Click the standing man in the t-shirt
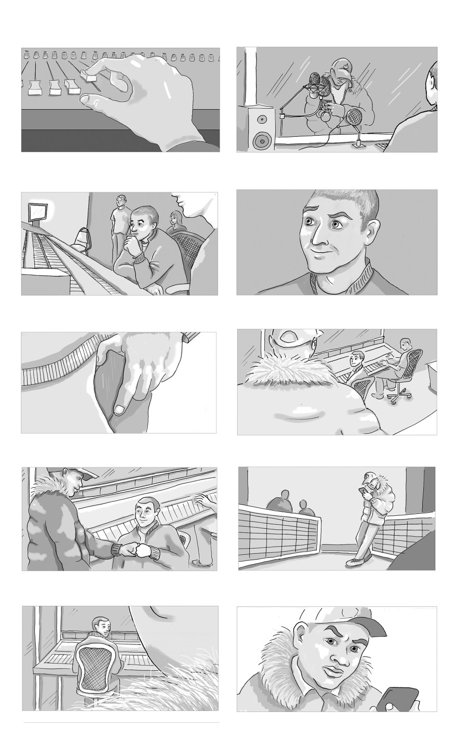tap(120, 218)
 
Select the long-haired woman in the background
tap(177, 221)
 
